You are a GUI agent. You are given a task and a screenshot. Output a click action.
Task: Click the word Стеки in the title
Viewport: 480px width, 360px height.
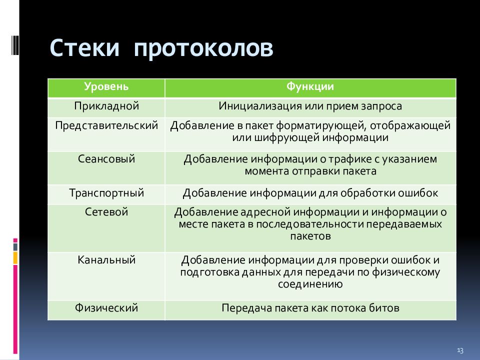(84, 48)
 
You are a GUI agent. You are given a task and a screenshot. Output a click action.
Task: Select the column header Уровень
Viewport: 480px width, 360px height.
(106, 87)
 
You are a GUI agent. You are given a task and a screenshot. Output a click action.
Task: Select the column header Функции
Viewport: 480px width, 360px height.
(310, 86)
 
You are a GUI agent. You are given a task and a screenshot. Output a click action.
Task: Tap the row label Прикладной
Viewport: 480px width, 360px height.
(106, 106)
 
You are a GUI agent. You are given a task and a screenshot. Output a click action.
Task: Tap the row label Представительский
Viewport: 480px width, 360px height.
(106, 126)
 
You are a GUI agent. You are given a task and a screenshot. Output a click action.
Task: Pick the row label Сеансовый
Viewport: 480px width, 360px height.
(106, 159)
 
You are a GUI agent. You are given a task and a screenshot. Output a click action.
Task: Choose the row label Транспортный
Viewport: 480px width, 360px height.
(106, 193)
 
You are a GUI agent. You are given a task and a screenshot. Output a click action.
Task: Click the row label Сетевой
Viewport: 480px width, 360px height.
(106, 212)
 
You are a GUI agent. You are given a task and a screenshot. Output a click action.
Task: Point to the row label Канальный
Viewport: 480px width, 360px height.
(106, 260)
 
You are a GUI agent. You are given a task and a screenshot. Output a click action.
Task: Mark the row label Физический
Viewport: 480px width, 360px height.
(106, 308)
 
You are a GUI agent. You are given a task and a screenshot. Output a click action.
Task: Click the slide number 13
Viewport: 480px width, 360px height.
(460, 350)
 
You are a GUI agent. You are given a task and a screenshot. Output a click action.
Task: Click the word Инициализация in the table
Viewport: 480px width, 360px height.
(259, 106)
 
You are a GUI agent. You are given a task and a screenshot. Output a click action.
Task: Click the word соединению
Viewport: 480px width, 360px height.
(310, 284)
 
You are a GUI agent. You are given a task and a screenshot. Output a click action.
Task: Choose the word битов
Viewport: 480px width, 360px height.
(384, 308)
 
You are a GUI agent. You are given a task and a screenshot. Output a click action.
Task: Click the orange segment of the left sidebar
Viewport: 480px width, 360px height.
(15, 258)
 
